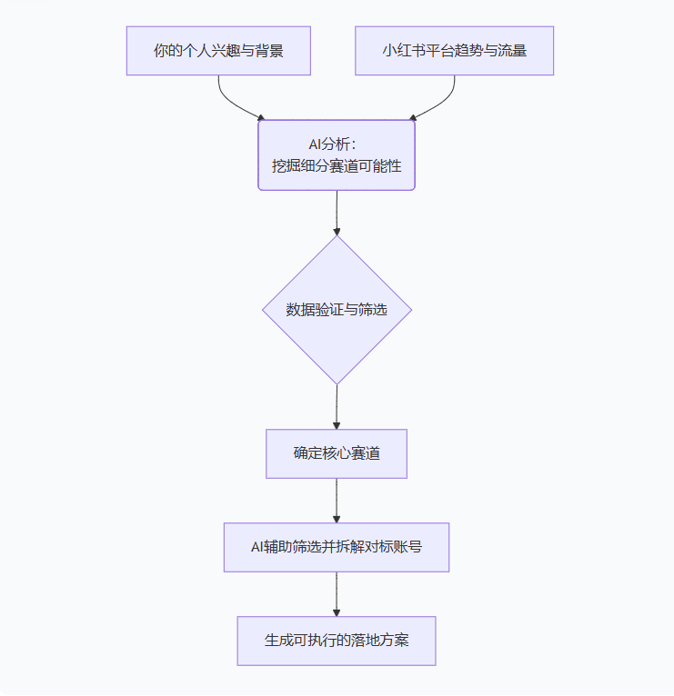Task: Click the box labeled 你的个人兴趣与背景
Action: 218,51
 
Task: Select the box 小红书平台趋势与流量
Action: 454,51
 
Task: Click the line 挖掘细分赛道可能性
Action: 337,166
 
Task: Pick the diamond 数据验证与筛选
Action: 337,310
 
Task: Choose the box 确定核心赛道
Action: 337,453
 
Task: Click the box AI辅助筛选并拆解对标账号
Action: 337,547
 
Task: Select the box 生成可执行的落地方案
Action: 337,641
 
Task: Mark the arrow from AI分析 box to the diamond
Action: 337,213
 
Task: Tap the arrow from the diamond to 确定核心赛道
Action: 337,406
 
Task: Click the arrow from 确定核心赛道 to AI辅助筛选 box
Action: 337,500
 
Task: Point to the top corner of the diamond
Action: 337,238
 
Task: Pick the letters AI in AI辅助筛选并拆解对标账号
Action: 258,547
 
